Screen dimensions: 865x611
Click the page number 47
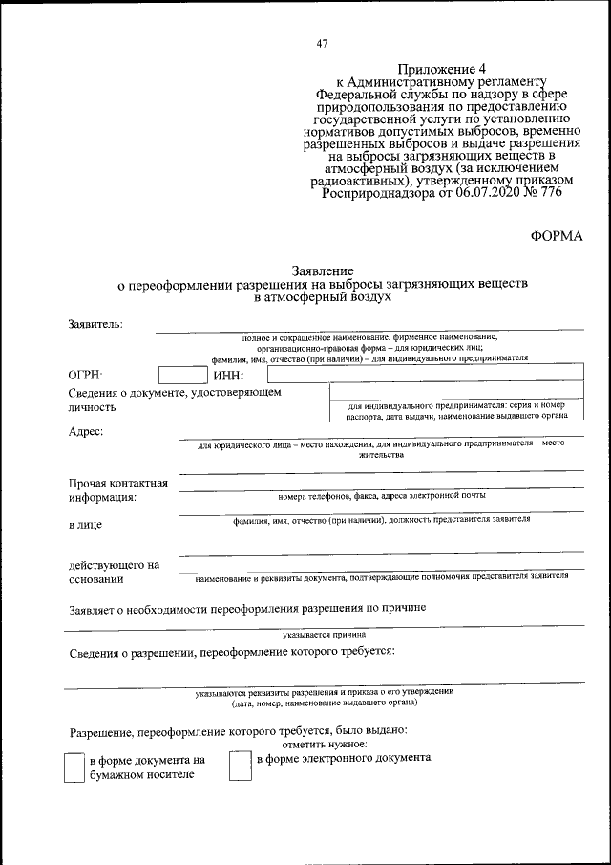pyautogui.click(x=322, y=43)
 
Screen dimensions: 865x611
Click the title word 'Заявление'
pyautogui.click(x=322, y=271)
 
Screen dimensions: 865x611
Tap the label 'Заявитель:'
pyautogui.click(x=95, y=324)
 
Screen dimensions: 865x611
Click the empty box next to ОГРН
pyautogui.click(x=181, y=375)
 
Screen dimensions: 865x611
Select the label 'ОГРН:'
pyautogui.click(x=86, y=376)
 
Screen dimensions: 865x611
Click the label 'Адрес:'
pyautogui.click(x=86, y=431)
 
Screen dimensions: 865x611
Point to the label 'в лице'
pyautogui.click(x=85, y=524)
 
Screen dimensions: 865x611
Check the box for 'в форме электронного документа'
pyautogui.click(x=239, y=766)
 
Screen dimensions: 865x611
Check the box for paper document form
pyautogui.click(x=74, y=768)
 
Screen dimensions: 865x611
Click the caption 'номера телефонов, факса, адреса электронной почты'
pyautogui.click(x=382, y=496)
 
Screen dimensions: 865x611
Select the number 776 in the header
pyautogui.click(x=549, y=191)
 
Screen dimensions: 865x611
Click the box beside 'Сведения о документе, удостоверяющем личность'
pyautogui.click(x=456, y=401)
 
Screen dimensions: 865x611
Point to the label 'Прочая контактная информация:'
pyautogui.click(x=118, y=489)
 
